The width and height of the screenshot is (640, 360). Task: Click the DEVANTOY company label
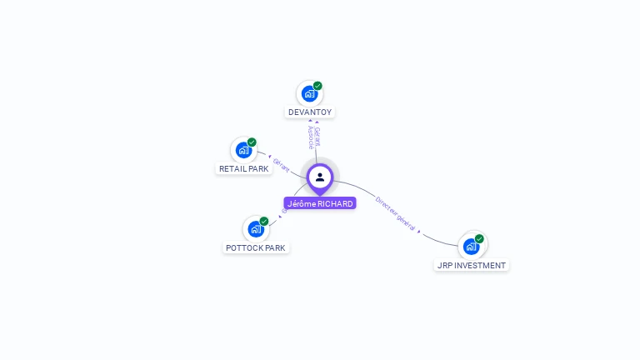tap(310, 112)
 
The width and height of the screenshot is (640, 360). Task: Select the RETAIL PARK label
tap(243, 168)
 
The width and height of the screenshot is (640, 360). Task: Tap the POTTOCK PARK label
tap(256, 247)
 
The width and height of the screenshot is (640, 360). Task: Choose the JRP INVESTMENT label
tap(472, 265)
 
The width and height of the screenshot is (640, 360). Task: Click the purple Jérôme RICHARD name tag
tap(320, 203)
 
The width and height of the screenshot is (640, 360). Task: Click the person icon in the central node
tap(320, 177)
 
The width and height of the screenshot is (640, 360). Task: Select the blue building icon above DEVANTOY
tap(309, 93)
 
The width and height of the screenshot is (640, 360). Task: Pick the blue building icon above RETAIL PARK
tap(242, 150)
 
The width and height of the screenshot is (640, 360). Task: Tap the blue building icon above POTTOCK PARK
tap(255, 229)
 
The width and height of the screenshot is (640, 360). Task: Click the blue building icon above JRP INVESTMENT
tap(471, 247)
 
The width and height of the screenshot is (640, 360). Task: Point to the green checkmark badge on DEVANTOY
tap(317, 86)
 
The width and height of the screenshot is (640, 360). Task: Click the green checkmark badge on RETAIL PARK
tap(252, 142)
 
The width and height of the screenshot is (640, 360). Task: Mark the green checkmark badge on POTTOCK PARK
tap(264, 222)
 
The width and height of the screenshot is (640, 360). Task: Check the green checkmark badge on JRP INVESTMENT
tap(479, 239)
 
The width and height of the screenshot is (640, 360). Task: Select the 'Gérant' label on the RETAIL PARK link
tap(282, 164)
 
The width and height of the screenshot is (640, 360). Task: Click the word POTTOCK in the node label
tap(244, 247)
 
